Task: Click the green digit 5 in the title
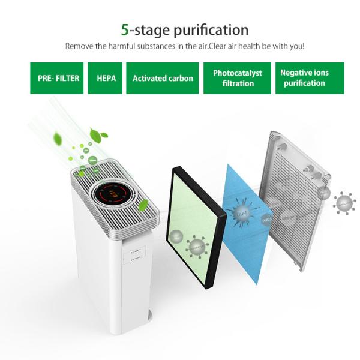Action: [x=125, y=29]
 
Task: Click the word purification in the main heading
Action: [x=206, y=30]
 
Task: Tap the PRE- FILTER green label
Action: [x=55, y=79]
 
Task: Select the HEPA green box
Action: [x=106, y=79]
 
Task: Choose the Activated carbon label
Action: [x=163, y=79]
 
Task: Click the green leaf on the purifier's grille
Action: [x=144, y=206]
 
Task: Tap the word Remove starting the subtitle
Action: [x=79, y=46]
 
